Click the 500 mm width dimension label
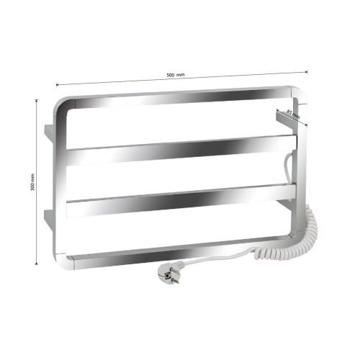(176, 75)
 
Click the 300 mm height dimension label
(33, 182)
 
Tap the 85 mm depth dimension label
(293, 114)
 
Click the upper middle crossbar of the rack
(181, 150)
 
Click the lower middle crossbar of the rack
(181, 200)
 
